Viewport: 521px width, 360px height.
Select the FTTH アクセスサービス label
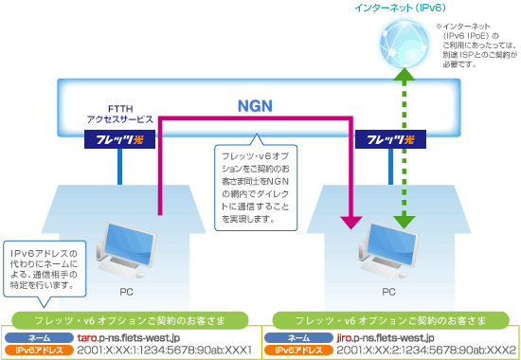(119, 115)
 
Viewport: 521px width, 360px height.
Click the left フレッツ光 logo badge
(118, 140)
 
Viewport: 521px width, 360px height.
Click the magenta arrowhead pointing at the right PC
(350, 221)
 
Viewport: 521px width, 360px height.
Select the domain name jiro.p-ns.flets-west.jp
(387, 337)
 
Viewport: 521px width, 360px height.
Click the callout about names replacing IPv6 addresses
(45, 269)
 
